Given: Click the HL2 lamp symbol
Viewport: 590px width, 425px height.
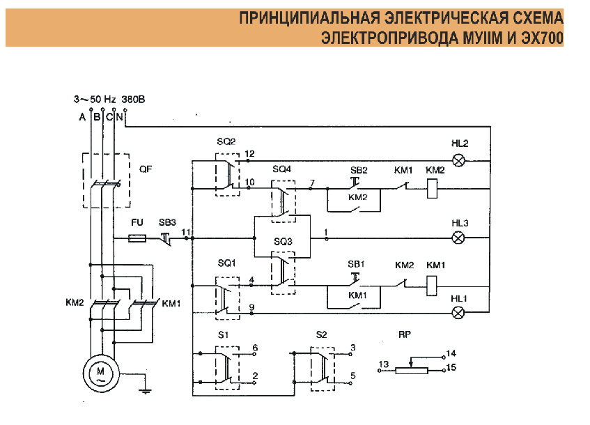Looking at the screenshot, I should pos(459,161).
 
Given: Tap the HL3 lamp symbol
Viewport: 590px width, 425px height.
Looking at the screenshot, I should pos(459,238).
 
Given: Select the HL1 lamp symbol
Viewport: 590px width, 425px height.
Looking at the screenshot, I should pos(459,314).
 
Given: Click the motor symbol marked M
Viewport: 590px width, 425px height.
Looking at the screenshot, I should pos(100,372).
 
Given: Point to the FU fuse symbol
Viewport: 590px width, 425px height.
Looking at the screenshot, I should pos(139,238).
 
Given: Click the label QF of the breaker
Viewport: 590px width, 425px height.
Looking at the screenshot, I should pos(146,169).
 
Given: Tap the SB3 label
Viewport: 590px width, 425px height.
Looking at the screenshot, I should pos(167,222).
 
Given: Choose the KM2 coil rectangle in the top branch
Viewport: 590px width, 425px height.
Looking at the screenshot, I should pos(432,187).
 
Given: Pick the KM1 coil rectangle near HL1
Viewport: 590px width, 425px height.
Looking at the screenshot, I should pos(432,283).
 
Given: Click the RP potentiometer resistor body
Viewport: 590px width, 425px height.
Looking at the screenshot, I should pos(410,370).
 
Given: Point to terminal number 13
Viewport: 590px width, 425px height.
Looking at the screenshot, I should pos(383,364).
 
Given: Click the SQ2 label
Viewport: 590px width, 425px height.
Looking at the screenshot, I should pos(226,141).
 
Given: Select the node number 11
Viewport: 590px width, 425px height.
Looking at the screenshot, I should pos(185,231).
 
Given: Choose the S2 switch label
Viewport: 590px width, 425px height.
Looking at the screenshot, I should pos(321,334).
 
